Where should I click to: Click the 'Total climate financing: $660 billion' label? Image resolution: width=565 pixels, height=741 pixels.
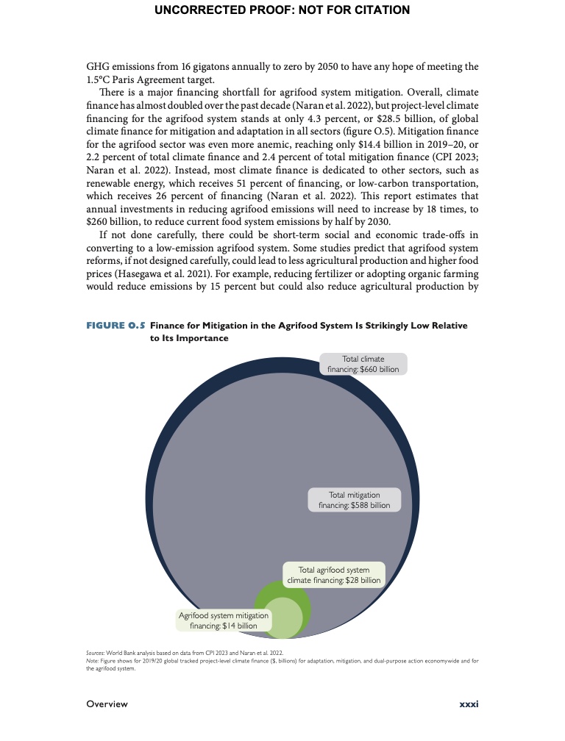click(x=363, y=364)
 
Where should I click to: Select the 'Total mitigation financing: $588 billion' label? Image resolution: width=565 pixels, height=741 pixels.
click(x=354, y=500)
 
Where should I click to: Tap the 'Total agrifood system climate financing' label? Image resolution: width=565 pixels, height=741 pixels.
click(x=334, y=575)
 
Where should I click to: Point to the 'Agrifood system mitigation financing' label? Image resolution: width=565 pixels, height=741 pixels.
click(x=224, y=620)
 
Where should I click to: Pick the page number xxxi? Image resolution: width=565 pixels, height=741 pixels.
click(x=469, y=704)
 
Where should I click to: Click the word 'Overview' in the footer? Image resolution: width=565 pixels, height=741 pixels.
click(x=107, y=704)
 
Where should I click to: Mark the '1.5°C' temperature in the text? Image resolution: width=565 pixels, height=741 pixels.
click(x=101, y=80)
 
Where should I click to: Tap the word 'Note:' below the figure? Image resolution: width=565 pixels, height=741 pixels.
click(x=94, y=661)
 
